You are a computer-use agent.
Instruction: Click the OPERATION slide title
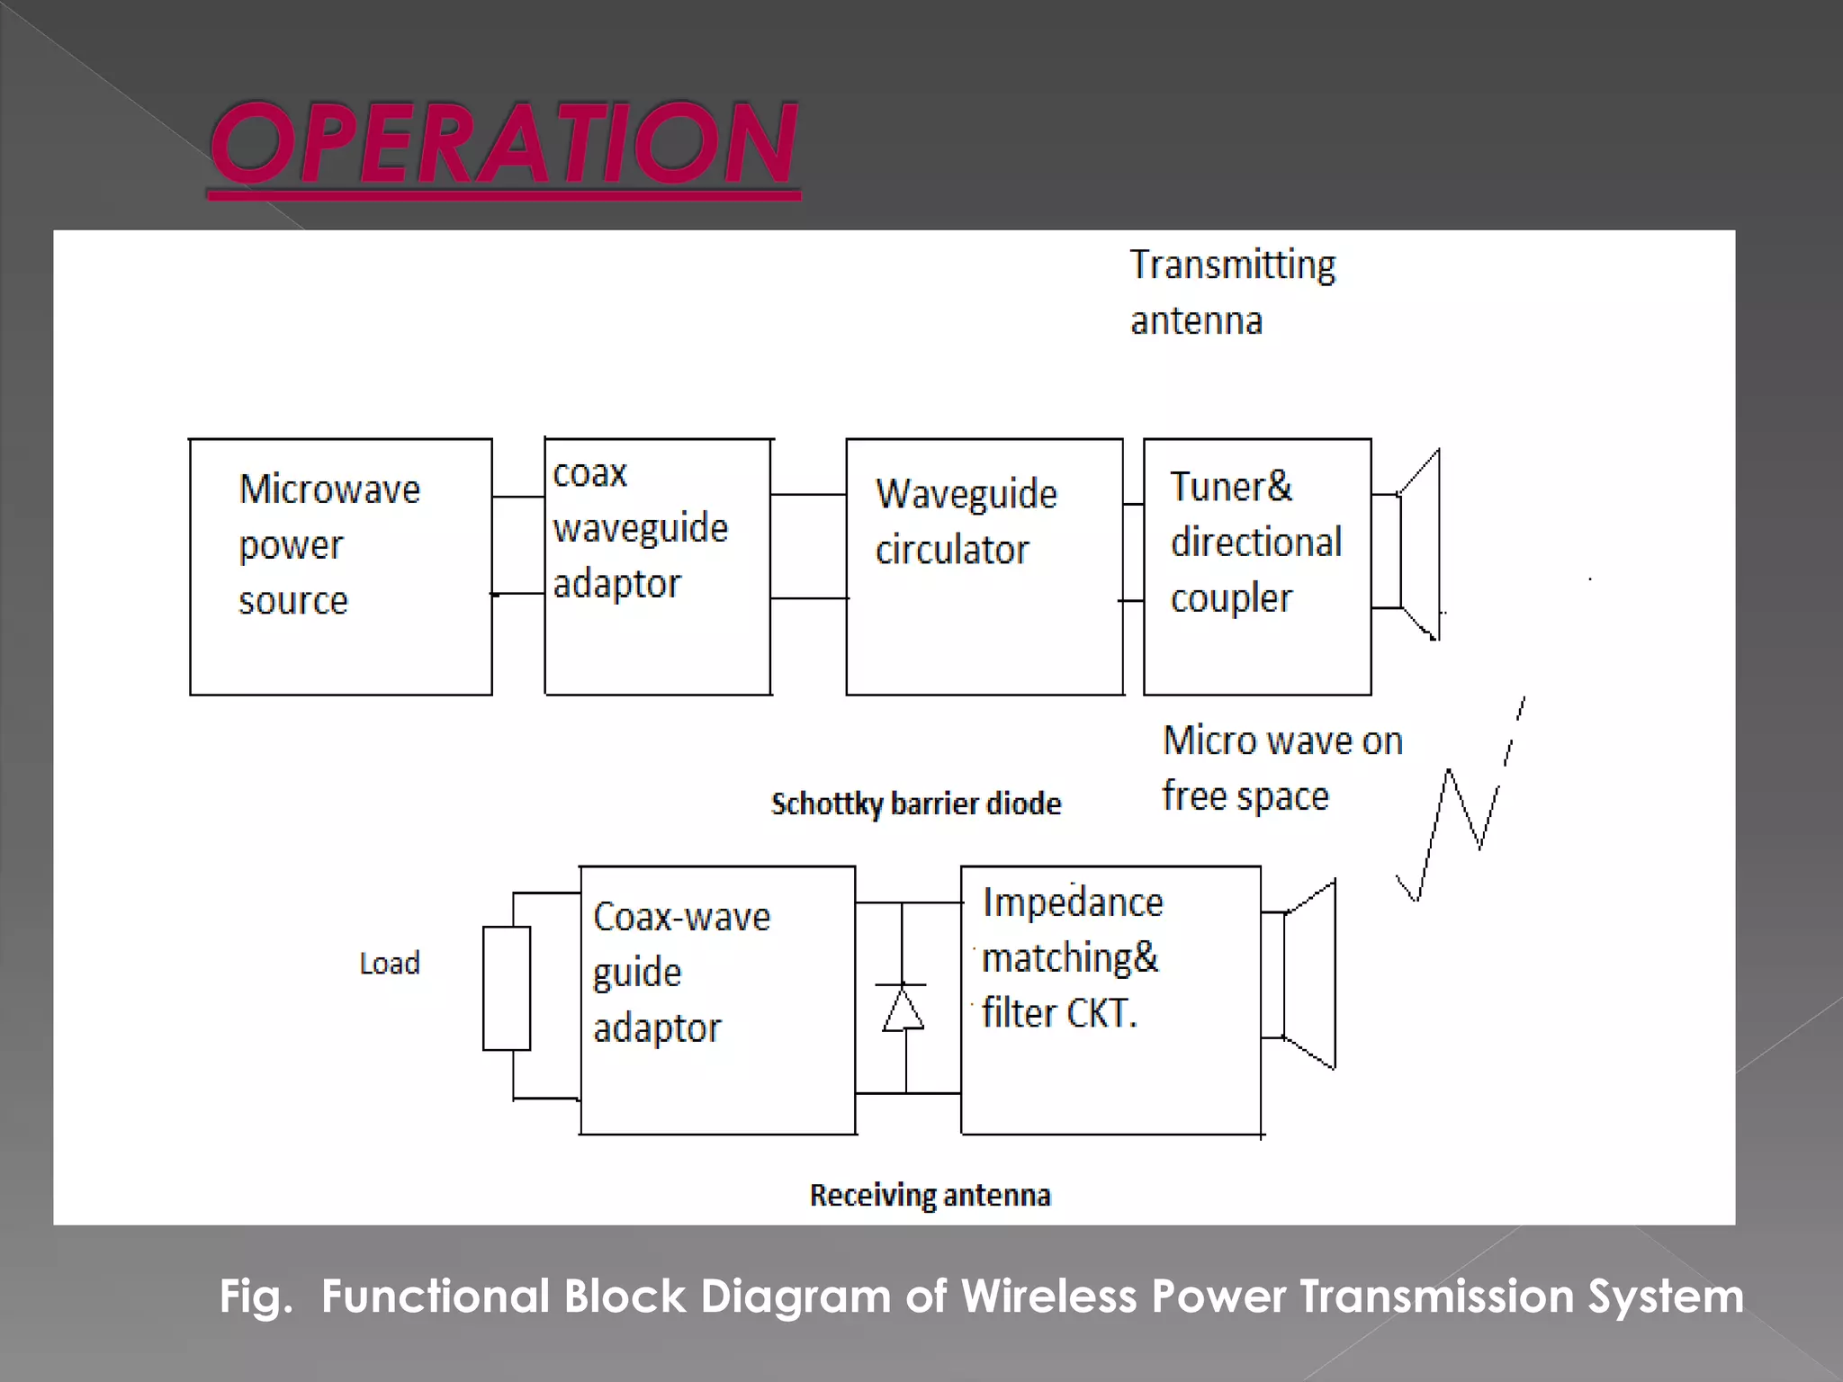(504, 144)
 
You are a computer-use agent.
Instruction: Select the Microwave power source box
(340, 567)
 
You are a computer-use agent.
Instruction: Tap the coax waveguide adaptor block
(658, 567)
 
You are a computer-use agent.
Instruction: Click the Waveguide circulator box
(984, 567)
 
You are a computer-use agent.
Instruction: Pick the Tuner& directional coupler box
(1257, 567)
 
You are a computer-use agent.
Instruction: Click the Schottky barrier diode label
(915, 803)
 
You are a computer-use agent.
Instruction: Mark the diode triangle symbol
(903, 1010)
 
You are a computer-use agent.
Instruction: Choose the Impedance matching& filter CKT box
(1110, 999)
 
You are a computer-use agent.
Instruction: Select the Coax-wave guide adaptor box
(717, 999)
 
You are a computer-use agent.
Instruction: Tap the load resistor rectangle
(507, 988)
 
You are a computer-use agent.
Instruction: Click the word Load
(390, 964)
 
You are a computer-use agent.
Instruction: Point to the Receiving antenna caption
(930, 1196)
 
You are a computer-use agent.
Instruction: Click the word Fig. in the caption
(256, 1297)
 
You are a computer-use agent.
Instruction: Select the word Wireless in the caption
(1049, 1297)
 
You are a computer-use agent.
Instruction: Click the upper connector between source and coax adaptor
(518, 497)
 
